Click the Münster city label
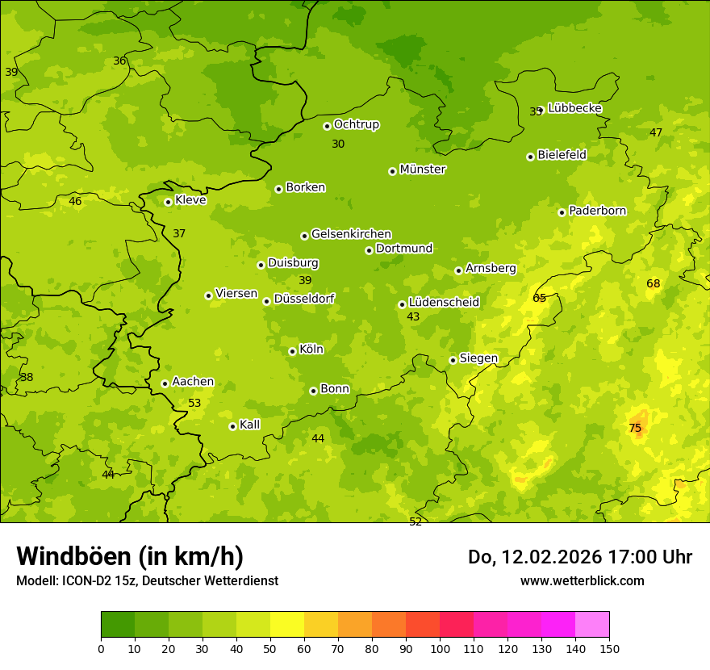point(423,170)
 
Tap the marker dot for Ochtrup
point(327,126)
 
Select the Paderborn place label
point(598,211)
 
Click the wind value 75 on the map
point(635,428)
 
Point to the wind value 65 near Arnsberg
point(540,298)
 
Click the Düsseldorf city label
point(304,299)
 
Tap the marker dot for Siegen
point(453,361)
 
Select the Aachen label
point(193,382)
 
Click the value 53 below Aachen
point(194,403)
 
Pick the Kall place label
point(250,425)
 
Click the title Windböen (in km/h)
point(130,556)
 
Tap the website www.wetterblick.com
point(583,580)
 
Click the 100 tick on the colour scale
point(440,647)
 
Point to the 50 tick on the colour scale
point(270,647)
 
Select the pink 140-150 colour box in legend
point(592,625)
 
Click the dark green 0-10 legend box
point(118,625)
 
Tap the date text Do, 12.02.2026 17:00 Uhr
point(580,557)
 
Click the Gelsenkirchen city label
point(351,234)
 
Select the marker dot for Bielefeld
point(530,157)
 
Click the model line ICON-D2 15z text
point(147,580)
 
